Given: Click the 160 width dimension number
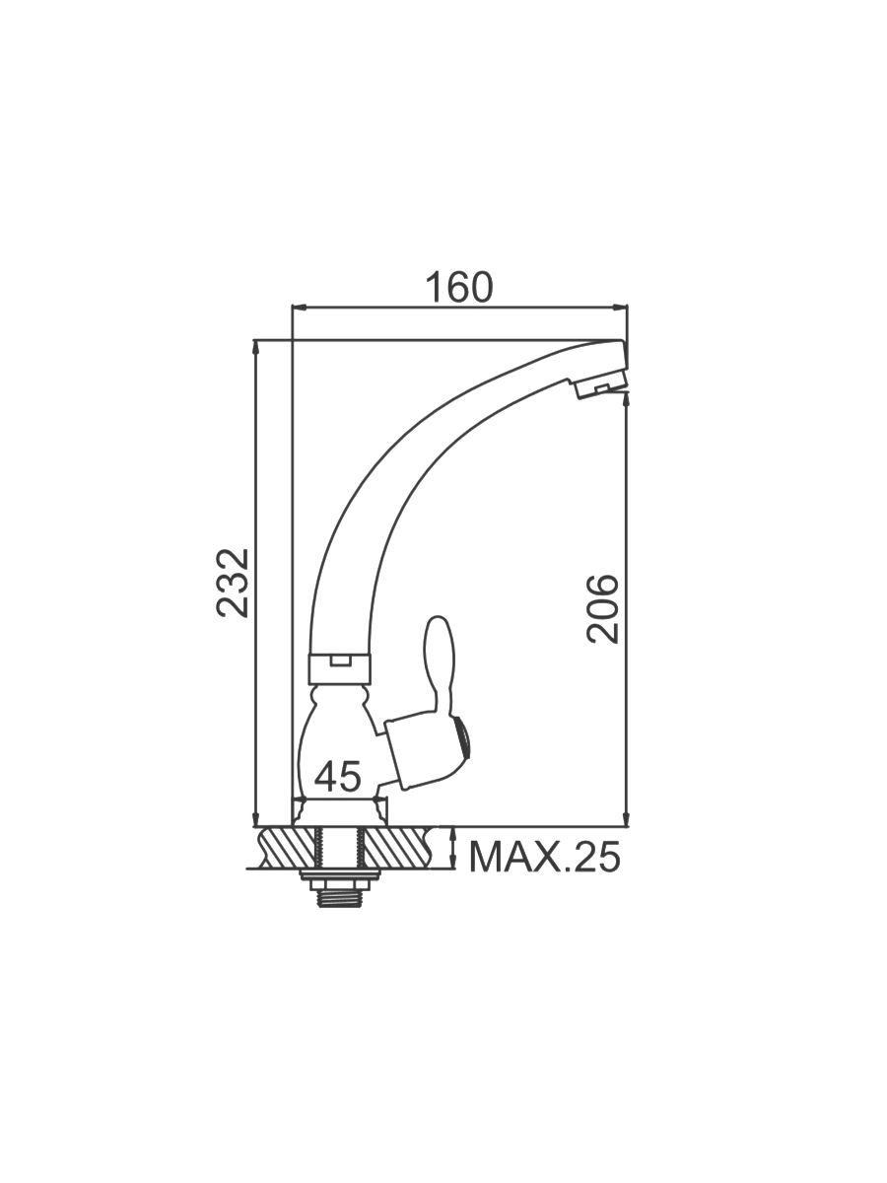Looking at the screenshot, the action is click(x=459, y=287).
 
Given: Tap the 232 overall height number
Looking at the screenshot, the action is click(x=233, y=584).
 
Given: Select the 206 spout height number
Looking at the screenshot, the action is click(x=602, y=609).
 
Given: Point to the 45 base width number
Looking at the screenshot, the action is click(x=337, y=777).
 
